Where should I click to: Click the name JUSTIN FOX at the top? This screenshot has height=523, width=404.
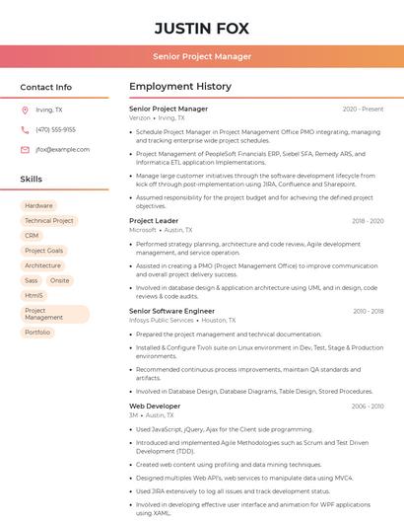click(x=202, y=28)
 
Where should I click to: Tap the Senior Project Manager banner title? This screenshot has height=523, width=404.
click(x=202, y=56)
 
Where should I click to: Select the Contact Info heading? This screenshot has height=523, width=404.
click(x=45, y=87)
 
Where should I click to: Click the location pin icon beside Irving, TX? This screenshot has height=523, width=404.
click(x=25, y=110)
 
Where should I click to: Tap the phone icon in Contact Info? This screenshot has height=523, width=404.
click(x=25, y=129)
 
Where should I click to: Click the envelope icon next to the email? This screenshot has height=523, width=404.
click(x=25, y=149)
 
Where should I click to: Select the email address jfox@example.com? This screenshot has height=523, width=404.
click(x=62, y=149)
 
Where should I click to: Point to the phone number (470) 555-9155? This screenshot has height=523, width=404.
click(x=55, y=129)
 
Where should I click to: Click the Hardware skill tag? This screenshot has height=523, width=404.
click(x=38, y=205)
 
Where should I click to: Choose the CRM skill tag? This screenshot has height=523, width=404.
click(x=32, y=236)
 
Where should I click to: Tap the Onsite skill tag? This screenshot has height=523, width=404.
click(x=60, y=280)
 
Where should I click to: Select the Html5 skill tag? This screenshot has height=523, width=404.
click(x=34, y=295)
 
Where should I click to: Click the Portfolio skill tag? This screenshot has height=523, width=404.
click(x=37, y=333)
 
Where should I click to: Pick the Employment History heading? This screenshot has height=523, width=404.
click(x=180, y=87)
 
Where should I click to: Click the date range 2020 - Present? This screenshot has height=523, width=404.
click(x=363, y=109)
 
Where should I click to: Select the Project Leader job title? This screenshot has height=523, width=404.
click(x=154, y=221)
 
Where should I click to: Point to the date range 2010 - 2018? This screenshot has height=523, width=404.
click(x=368, y=311)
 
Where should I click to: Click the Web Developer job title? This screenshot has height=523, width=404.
click(x=155, y=406)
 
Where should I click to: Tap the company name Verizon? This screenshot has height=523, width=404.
click(x=140, y=117)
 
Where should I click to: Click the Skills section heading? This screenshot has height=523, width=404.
click(x=32, y=180)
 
